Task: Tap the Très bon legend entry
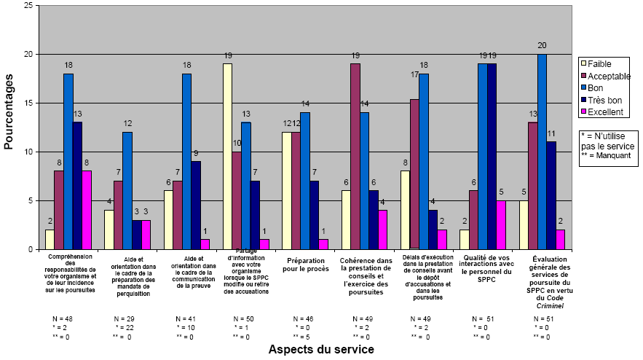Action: (x=604, y=99)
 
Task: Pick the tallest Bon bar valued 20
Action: (x=541, y=152)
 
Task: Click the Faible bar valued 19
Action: (x=227, y=157)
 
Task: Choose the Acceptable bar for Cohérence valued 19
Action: (x=355, y=157)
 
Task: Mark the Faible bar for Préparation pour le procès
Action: (x=286, y=191)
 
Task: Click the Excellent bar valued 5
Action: (x=501, y=225)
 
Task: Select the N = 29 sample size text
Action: (x=125, y=319)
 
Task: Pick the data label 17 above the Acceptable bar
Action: (x=414, y=74)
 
